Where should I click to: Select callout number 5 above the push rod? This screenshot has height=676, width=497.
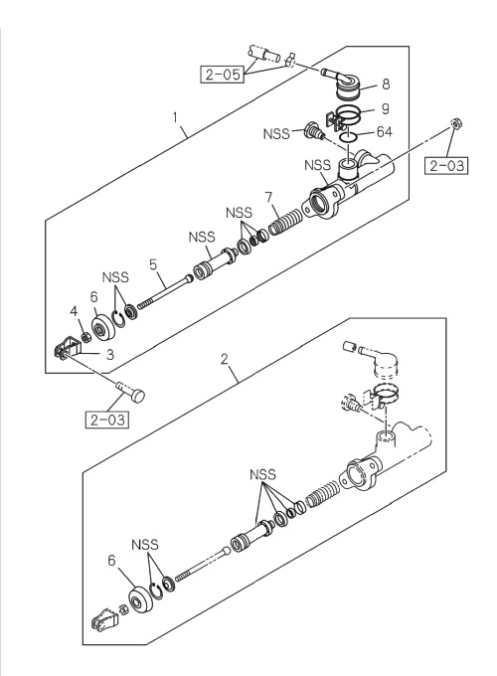coord(153,264)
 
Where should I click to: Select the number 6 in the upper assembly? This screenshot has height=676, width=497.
coord(94,297)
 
